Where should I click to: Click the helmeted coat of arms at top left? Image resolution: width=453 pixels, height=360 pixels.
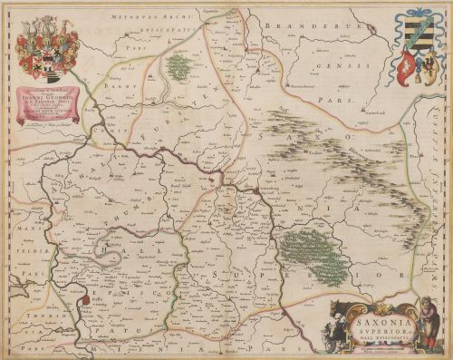(47, 50)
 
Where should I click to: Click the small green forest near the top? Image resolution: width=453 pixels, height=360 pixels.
(179, 64)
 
